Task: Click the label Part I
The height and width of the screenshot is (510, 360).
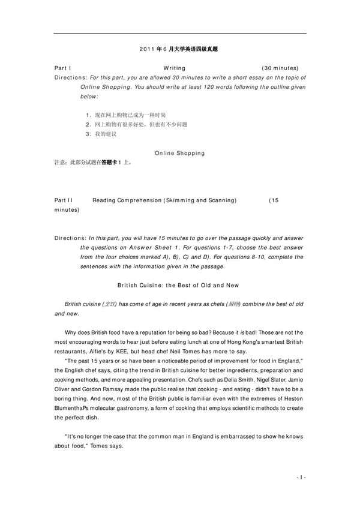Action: coord(62,68)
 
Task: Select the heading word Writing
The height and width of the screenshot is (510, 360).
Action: coord(175,68)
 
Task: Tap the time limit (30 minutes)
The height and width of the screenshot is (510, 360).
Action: coord(280,68)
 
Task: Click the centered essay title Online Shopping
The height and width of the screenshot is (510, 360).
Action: coord(180,153)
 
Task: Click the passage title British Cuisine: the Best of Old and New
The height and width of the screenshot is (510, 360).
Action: coord(180,285)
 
